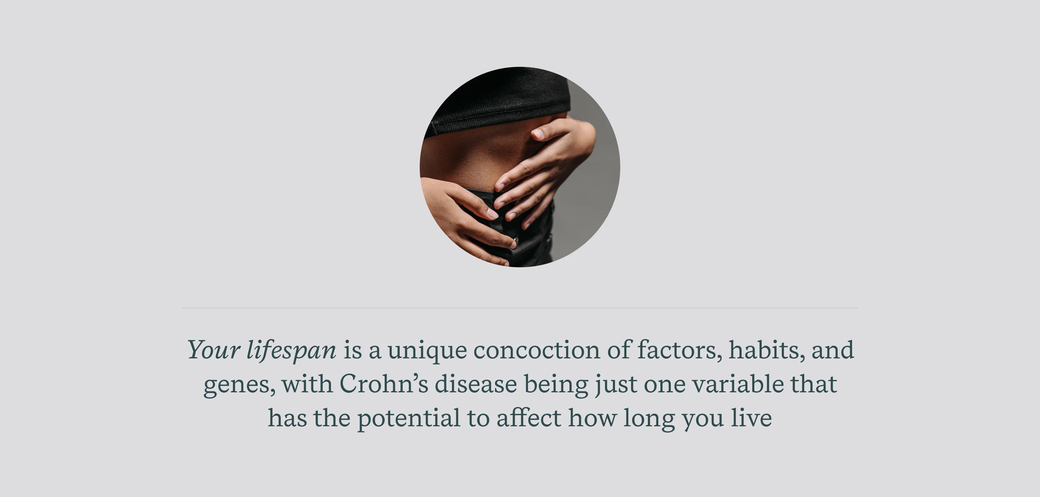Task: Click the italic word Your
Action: click(214, 350)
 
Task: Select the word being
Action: click(556, 384)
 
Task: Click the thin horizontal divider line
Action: click(520, 308)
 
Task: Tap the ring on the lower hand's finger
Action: click(515, 242)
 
